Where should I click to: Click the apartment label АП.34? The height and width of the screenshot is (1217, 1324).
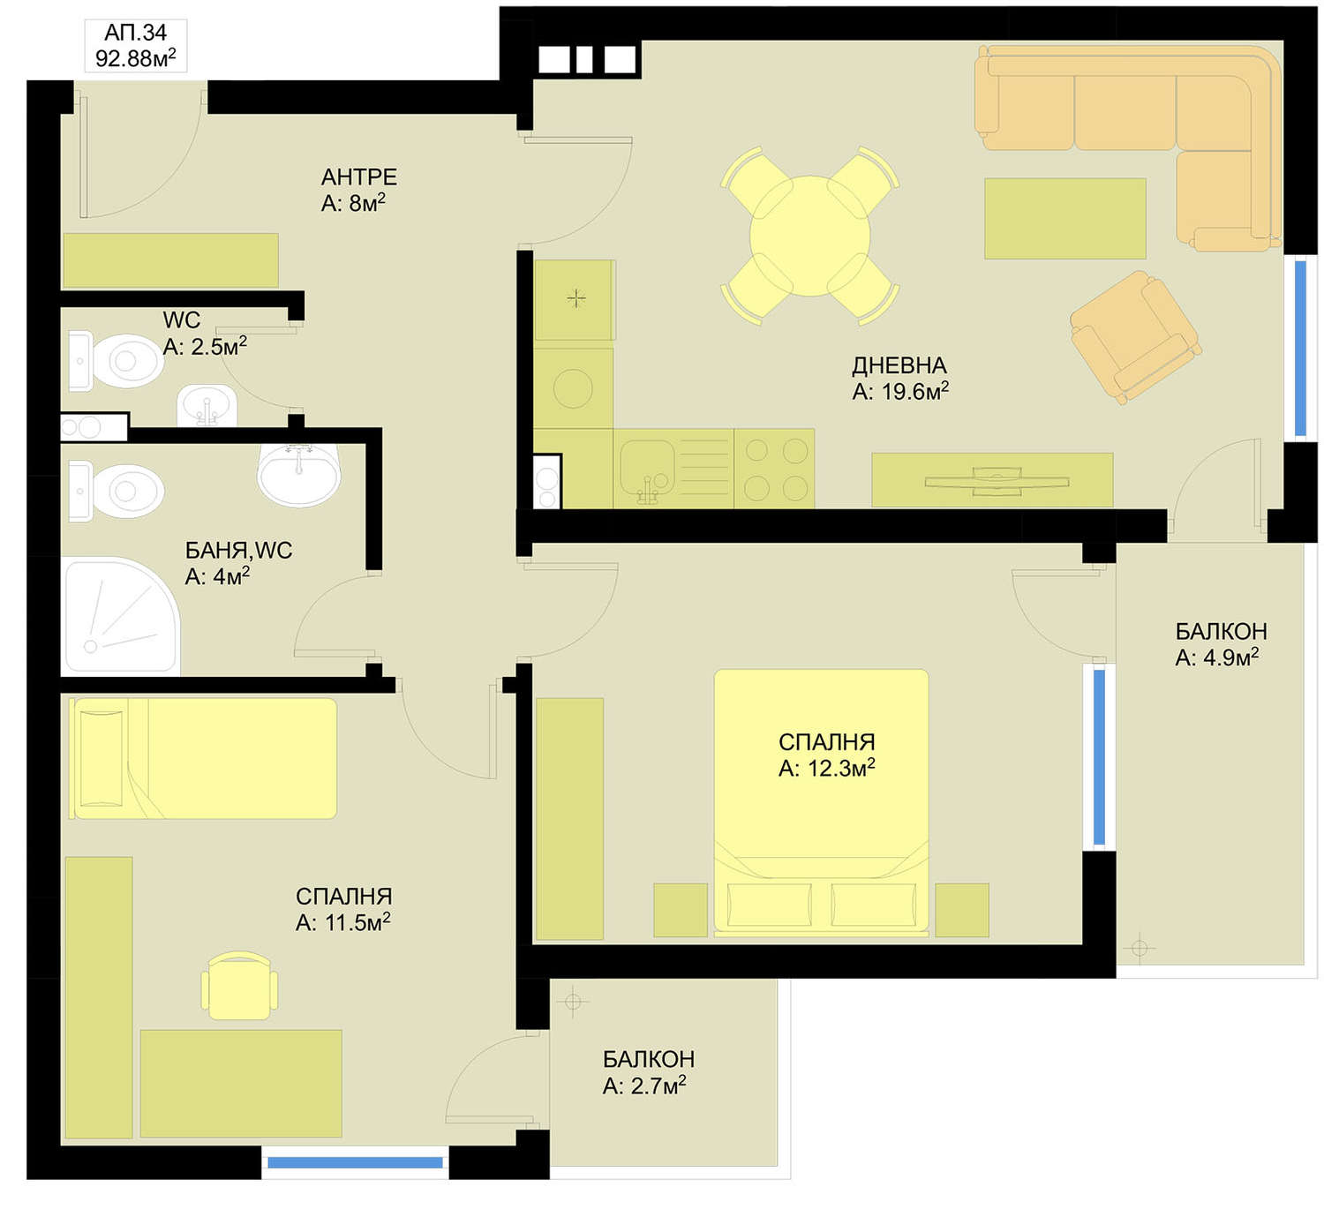point(135,33)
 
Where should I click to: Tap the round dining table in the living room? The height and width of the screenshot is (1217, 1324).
point(809,236)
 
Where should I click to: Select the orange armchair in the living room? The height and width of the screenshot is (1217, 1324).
point(1134,337)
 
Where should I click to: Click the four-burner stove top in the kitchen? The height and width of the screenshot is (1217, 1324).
point(775,470)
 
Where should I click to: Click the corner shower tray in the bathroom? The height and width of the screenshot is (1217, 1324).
point(121,616)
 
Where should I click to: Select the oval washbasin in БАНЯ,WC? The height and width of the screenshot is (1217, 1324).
point(299,473)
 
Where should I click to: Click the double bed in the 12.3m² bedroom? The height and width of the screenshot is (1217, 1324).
point(821,803)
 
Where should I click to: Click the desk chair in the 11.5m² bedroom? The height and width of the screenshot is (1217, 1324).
point(239,986)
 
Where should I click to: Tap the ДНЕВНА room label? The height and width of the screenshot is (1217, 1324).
point(899,365)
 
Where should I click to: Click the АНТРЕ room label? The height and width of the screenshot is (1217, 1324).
point(359,177)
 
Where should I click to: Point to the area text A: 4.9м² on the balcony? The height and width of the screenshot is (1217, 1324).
point(1216,657)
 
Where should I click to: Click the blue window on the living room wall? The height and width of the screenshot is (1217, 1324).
point(1300,349)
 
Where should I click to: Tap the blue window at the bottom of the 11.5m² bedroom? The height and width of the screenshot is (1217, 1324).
point(355,1162)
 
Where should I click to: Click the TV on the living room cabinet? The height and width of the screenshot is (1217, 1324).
point(997,480)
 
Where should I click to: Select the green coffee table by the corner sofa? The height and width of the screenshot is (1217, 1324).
point(1065,219)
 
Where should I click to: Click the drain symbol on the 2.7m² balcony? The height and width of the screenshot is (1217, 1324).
point(572,1002)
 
